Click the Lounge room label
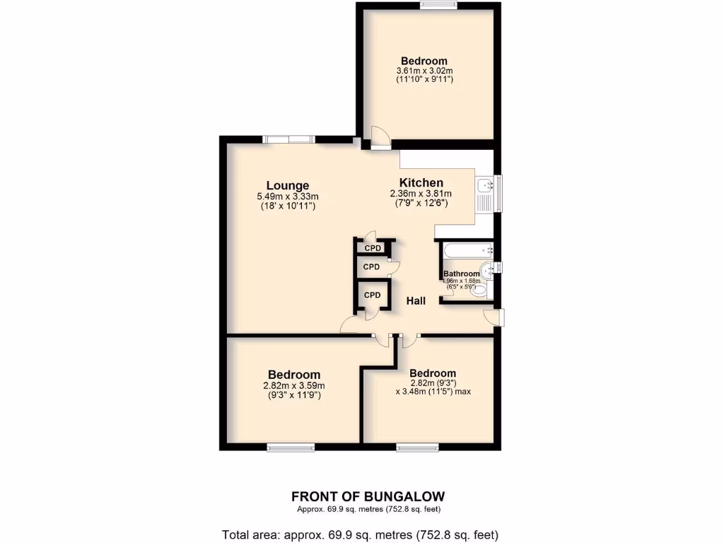(288, 187)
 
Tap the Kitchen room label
(421, 182)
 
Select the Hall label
(416, 301)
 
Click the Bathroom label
(462, 274)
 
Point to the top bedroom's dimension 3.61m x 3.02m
(424, 71)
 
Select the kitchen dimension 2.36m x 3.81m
(421, 193)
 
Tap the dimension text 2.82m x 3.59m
(294, 385)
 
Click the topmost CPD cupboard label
(373, 248)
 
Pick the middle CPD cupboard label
(371, 267)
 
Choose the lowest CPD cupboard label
(372, 295)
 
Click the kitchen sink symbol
(484, 186)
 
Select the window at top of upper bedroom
(438, 6)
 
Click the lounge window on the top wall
(288, 139)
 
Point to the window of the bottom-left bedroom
(291, 447)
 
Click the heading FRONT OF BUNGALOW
(368, 496)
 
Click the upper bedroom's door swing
(378, 136)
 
